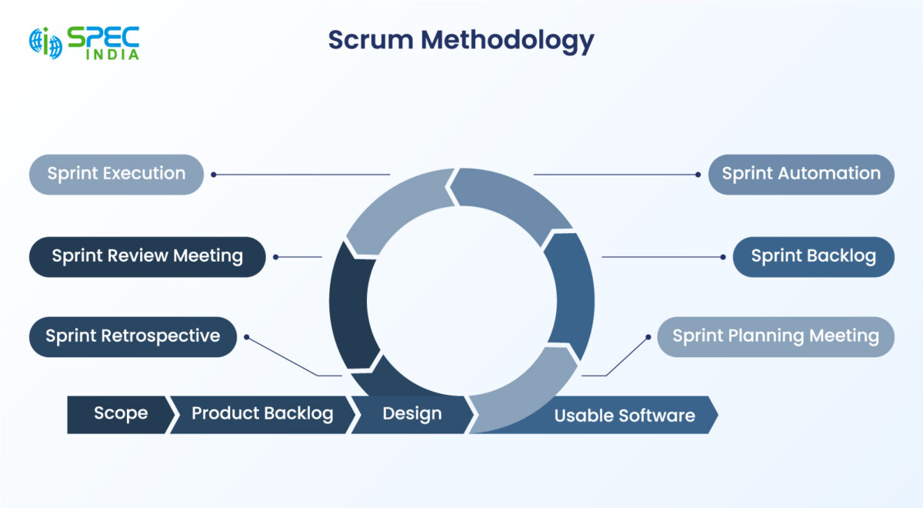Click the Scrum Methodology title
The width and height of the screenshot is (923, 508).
(x=461, y=41)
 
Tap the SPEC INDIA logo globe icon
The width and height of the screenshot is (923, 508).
(x=45, y=43)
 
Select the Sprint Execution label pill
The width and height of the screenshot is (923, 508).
(x=116, y=174)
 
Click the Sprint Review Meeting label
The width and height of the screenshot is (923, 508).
(x=147, y=256)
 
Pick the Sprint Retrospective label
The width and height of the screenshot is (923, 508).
(x=132, y=336)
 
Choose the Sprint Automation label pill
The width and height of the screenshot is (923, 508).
(x=801, y=174)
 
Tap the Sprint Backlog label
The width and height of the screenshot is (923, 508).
(x=813, y=256)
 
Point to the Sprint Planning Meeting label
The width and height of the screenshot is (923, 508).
(x=775, y=336)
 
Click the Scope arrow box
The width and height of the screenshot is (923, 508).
(x=120, y=414)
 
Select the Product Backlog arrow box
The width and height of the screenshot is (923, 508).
(x=262, y=414)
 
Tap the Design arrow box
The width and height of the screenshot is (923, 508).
(x=412, y=414)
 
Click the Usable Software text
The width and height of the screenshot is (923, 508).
(x=625, y=416)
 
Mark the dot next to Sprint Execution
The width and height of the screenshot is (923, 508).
(x=214, y=175)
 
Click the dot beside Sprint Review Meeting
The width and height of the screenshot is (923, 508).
(x=276, y=257)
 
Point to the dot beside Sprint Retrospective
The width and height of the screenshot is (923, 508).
(x=246, y=336)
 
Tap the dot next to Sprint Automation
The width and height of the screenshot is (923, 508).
(x=698, y=175)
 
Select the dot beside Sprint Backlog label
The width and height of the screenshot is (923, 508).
(x=722, y=257)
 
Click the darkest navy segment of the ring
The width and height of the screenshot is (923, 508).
(x=351, y=304)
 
